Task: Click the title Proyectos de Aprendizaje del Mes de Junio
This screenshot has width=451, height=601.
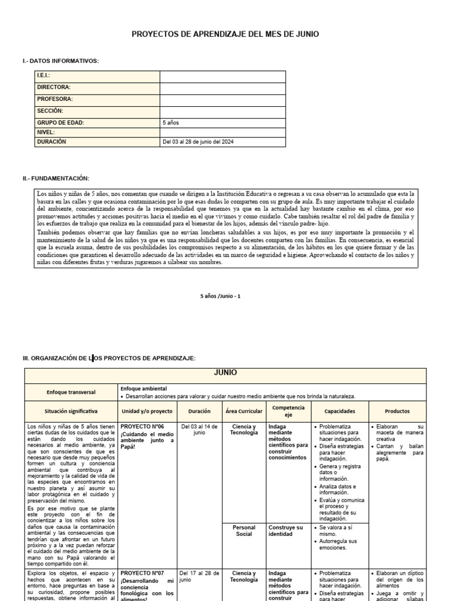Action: (225, 35)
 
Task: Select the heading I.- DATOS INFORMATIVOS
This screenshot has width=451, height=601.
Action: (60, 61)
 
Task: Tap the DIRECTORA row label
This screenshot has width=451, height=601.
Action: (54, 87)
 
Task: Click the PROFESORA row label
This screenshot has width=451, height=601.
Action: (55, 99)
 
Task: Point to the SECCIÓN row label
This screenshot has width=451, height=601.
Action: (50, 111)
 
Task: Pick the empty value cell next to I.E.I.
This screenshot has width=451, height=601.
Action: (223, 76)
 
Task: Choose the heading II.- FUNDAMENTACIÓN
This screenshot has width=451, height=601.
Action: (56, 178)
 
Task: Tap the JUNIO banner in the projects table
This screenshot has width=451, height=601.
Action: (225, 373)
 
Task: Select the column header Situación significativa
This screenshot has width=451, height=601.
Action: (71, 411)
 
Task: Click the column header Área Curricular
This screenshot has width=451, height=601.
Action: (244, 411)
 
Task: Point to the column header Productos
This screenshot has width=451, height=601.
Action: (398, 411)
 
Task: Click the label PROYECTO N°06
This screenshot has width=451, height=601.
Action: (143, 427)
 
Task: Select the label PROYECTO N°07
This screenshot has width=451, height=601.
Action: (143, 573)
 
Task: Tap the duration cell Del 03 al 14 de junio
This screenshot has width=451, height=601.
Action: (199, 430)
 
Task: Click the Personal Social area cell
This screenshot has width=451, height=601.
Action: (244, 531)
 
